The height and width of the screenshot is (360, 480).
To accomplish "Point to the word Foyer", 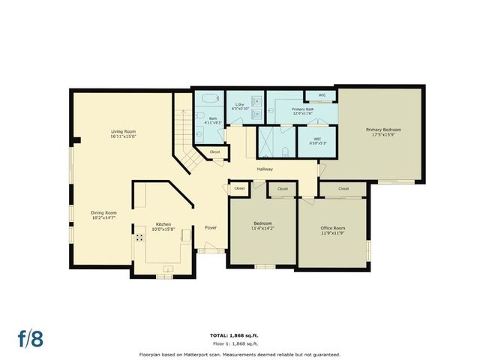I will click(x=211, y=226).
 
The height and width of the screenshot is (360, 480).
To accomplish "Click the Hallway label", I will click(x=265, y=169).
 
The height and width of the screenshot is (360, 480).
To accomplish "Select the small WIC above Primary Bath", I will click(x=321, y=95).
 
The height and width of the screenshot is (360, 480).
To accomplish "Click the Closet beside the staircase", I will click(x=214, y=152).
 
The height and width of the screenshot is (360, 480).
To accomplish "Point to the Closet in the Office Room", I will click(x=344, y=188).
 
